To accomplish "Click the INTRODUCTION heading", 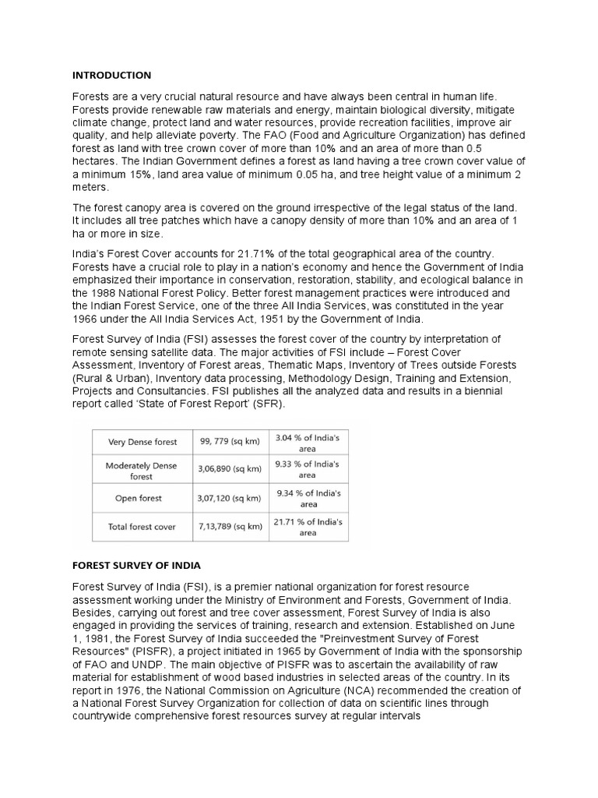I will (111, 76).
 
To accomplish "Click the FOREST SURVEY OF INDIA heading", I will (136, 565).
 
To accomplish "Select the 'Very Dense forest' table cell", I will (142, 442).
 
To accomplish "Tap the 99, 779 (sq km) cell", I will (229, 442).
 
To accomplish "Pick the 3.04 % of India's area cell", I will (308, 442).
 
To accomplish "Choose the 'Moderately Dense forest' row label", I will (142, 471).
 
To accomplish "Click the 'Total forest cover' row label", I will (142, 527).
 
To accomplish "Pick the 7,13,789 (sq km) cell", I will (229, 527).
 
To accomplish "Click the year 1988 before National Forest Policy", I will (104, 292).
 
